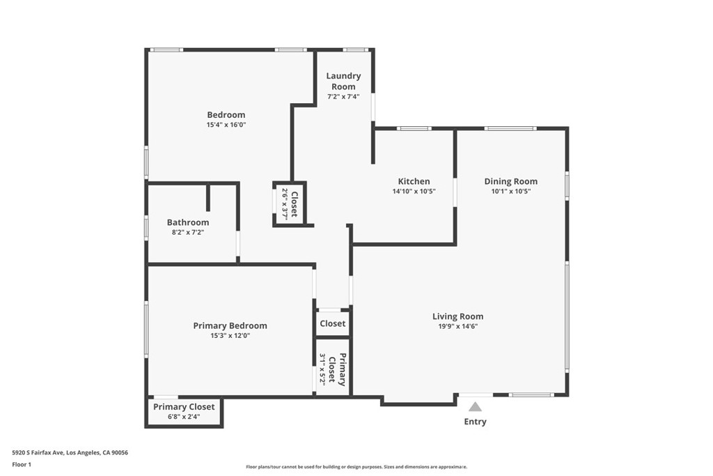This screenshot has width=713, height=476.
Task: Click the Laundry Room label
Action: pos(343,81)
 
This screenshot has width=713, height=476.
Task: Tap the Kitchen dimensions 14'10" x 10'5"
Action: pos(414,191)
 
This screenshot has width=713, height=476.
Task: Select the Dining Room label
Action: pos(511,181)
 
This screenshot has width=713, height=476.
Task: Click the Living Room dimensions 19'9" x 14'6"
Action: pos(457,326)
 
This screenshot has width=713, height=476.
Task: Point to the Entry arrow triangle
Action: pos(475,406)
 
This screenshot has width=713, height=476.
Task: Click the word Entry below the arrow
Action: pos(475,422)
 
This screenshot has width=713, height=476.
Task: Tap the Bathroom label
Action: pos(188,222)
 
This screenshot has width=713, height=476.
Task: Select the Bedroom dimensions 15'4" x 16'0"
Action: pos(226,125)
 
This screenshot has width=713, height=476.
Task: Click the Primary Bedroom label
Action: pos(230,325)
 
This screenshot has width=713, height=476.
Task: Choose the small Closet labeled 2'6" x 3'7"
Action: pos(289,204)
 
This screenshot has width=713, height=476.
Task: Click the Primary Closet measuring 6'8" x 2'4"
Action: pos(185,411)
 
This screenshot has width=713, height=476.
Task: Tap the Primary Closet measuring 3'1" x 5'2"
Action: pos(332,369)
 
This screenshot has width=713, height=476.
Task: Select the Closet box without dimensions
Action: pos(332,323)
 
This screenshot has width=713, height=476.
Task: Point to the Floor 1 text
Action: pos(22,463)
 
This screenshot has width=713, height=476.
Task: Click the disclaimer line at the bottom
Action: pos(356,467)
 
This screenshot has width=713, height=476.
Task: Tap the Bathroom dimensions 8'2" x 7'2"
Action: pos(188,233)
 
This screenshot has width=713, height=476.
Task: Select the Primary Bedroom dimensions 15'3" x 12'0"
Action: pos(230,335)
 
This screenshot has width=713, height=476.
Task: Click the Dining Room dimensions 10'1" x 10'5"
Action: pos(511,191)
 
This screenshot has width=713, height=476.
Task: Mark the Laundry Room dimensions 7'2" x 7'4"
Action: pos(343,96)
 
